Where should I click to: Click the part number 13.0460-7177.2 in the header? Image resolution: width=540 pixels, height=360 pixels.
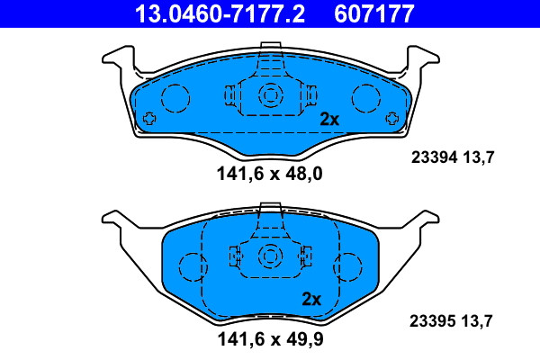point(220,13)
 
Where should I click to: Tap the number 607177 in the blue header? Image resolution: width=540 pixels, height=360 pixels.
point(374,13)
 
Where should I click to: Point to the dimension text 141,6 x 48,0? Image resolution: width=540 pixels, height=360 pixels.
point(270,174)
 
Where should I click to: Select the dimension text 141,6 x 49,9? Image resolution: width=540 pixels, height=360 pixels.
point(270,339)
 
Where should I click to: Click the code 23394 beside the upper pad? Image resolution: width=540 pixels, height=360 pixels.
point(435,157)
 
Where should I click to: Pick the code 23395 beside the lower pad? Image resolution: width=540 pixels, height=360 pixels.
point(433,321)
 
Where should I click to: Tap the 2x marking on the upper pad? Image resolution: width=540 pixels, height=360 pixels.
point(329,120)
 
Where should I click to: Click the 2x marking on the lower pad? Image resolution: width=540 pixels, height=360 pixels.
point(311,299)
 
